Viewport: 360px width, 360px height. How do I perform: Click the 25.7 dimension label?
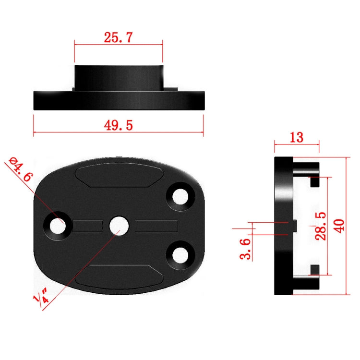tap(119, 37)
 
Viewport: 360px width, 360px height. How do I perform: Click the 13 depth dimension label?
tap(296, 137)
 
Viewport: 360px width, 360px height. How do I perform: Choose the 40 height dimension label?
tap(339, 225)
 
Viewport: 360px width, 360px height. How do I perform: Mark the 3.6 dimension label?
tap(246, 249)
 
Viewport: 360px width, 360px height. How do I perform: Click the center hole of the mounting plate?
tap(118, 225)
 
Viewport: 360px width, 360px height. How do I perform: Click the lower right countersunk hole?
tap(181, 254)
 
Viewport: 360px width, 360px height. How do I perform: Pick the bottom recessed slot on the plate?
tap(118, 275)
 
